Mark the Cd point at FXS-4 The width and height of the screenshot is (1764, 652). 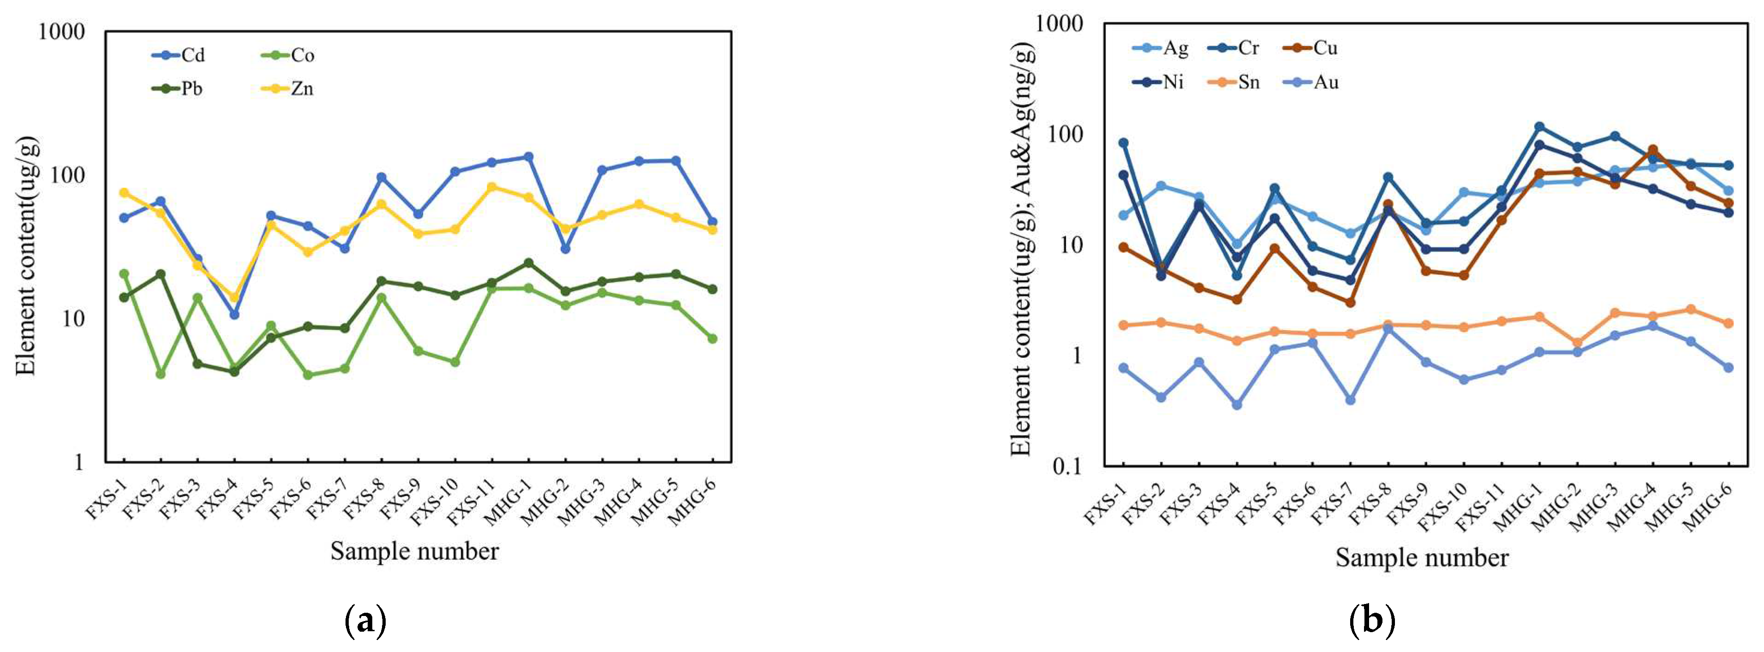tap(234, 314)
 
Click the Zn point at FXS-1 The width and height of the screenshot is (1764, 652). tap(124, 193)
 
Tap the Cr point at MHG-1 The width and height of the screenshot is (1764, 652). tap(1540, 127)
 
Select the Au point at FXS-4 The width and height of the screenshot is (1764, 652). tap(1237, 405)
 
